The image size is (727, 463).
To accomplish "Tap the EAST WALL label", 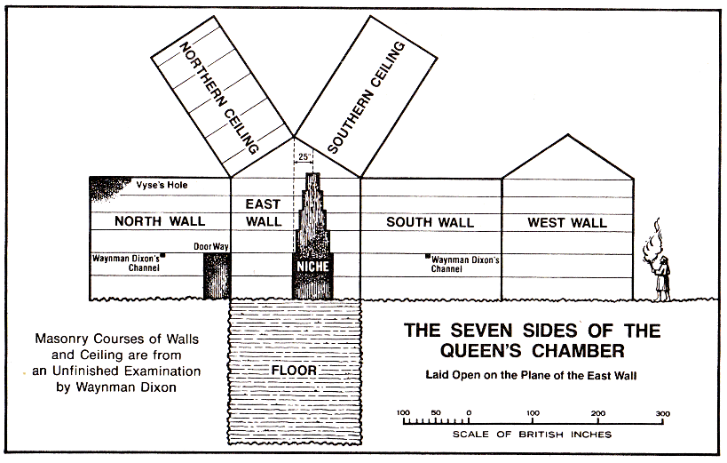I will click(263, 212).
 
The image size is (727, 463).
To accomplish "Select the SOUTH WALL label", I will click(430, 221).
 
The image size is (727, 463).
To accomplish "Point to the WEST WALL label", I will click(566, 221).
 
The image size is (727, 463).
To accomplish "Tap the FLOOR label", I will click(294, 368).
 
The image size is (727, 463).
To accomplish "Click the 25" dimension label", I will click(304, 156).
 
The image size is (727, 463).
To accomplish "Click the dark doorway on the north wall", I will click(217, 275).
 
